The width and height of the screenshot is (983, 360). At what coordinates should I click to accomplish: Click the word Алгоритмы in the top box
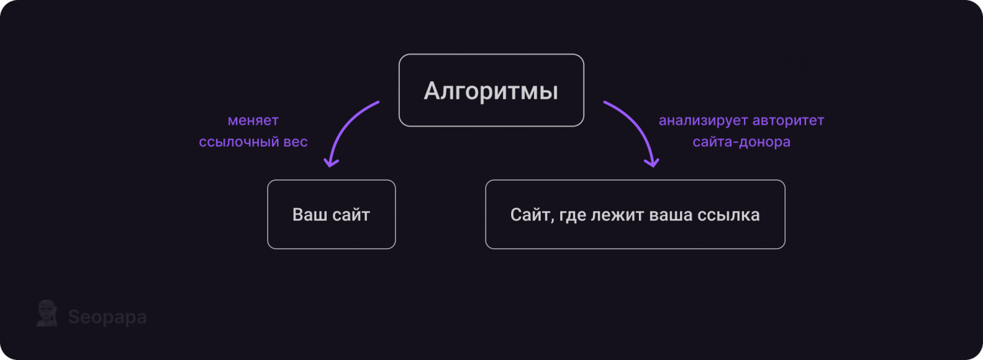[491, 92]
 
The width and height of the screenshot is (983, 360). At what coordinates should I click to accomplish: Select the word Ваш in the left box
[308, 214]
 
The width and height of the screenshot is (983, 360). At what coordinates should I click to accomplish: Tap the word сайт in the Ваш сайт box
[351, 214]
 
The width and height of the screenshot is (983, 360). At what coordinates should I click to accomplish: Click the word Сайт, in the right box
[530, 215]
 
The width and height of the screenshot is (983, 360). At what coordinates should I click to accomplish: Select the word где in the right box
[572, 215]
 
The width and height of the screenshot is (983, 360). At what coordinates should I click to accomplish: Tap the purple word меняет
[253, 120]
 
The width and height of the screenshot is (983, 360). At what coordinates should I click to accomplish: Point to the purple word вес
[296, 143]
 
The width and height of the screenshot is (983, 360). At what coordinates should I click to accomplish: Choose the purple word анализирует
[703, 121]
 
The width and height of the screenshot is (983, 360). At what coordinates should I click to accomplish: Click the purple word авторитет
[789, 121]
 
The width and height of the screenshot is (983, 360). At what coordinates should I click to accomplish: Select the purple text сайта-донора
[742, 142]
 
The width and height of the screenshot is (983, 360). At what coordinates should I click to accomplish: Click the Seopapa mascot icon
[47, 313]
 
